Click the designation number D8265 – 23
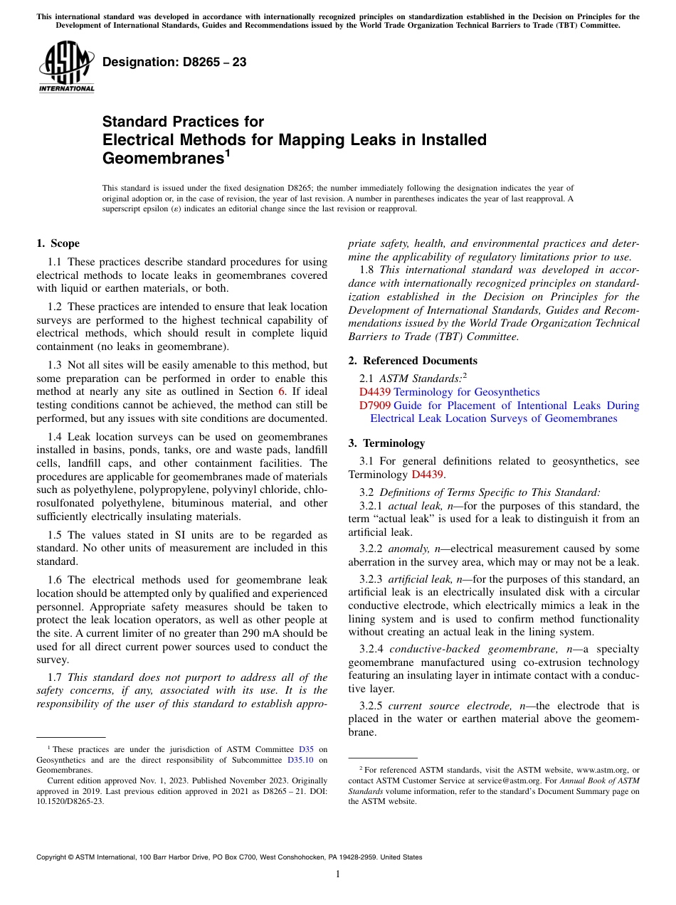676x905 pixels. (x=174, y=63)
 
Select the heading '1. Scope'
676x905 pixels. (x=58, y=243)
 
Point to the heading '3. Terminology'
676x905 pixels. (x=386, y=443)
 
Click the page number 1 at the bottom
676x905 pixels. (x=338, y=874)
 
